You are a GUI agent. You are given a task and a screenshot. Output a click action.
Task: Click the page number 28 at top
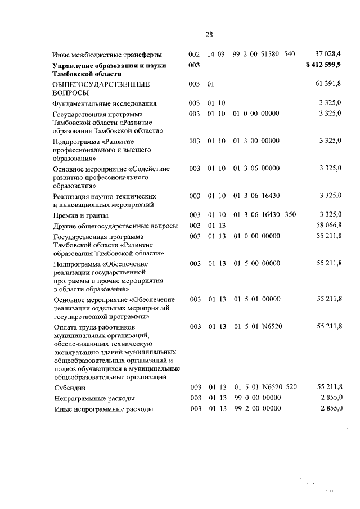tap(209, 34)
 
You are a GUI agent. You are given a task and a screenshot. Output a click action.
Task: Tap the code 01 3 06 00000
tap(255, 168)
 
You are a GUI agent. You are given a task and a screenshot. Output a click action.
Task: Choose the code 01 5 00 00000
tap(255, 263)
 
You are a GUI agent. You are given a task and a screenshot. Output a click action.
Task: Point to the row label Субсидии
tap(67, 388)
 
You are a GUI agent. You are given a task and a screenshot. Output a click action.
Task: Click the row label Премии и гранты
tap(80, 215)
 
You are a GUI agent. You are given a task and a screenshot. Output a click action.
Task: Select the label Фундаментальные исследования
tap(104, 103)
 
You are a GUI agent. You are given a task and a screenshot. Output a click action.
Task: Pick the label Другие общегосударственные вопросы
tap(115, 226)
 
